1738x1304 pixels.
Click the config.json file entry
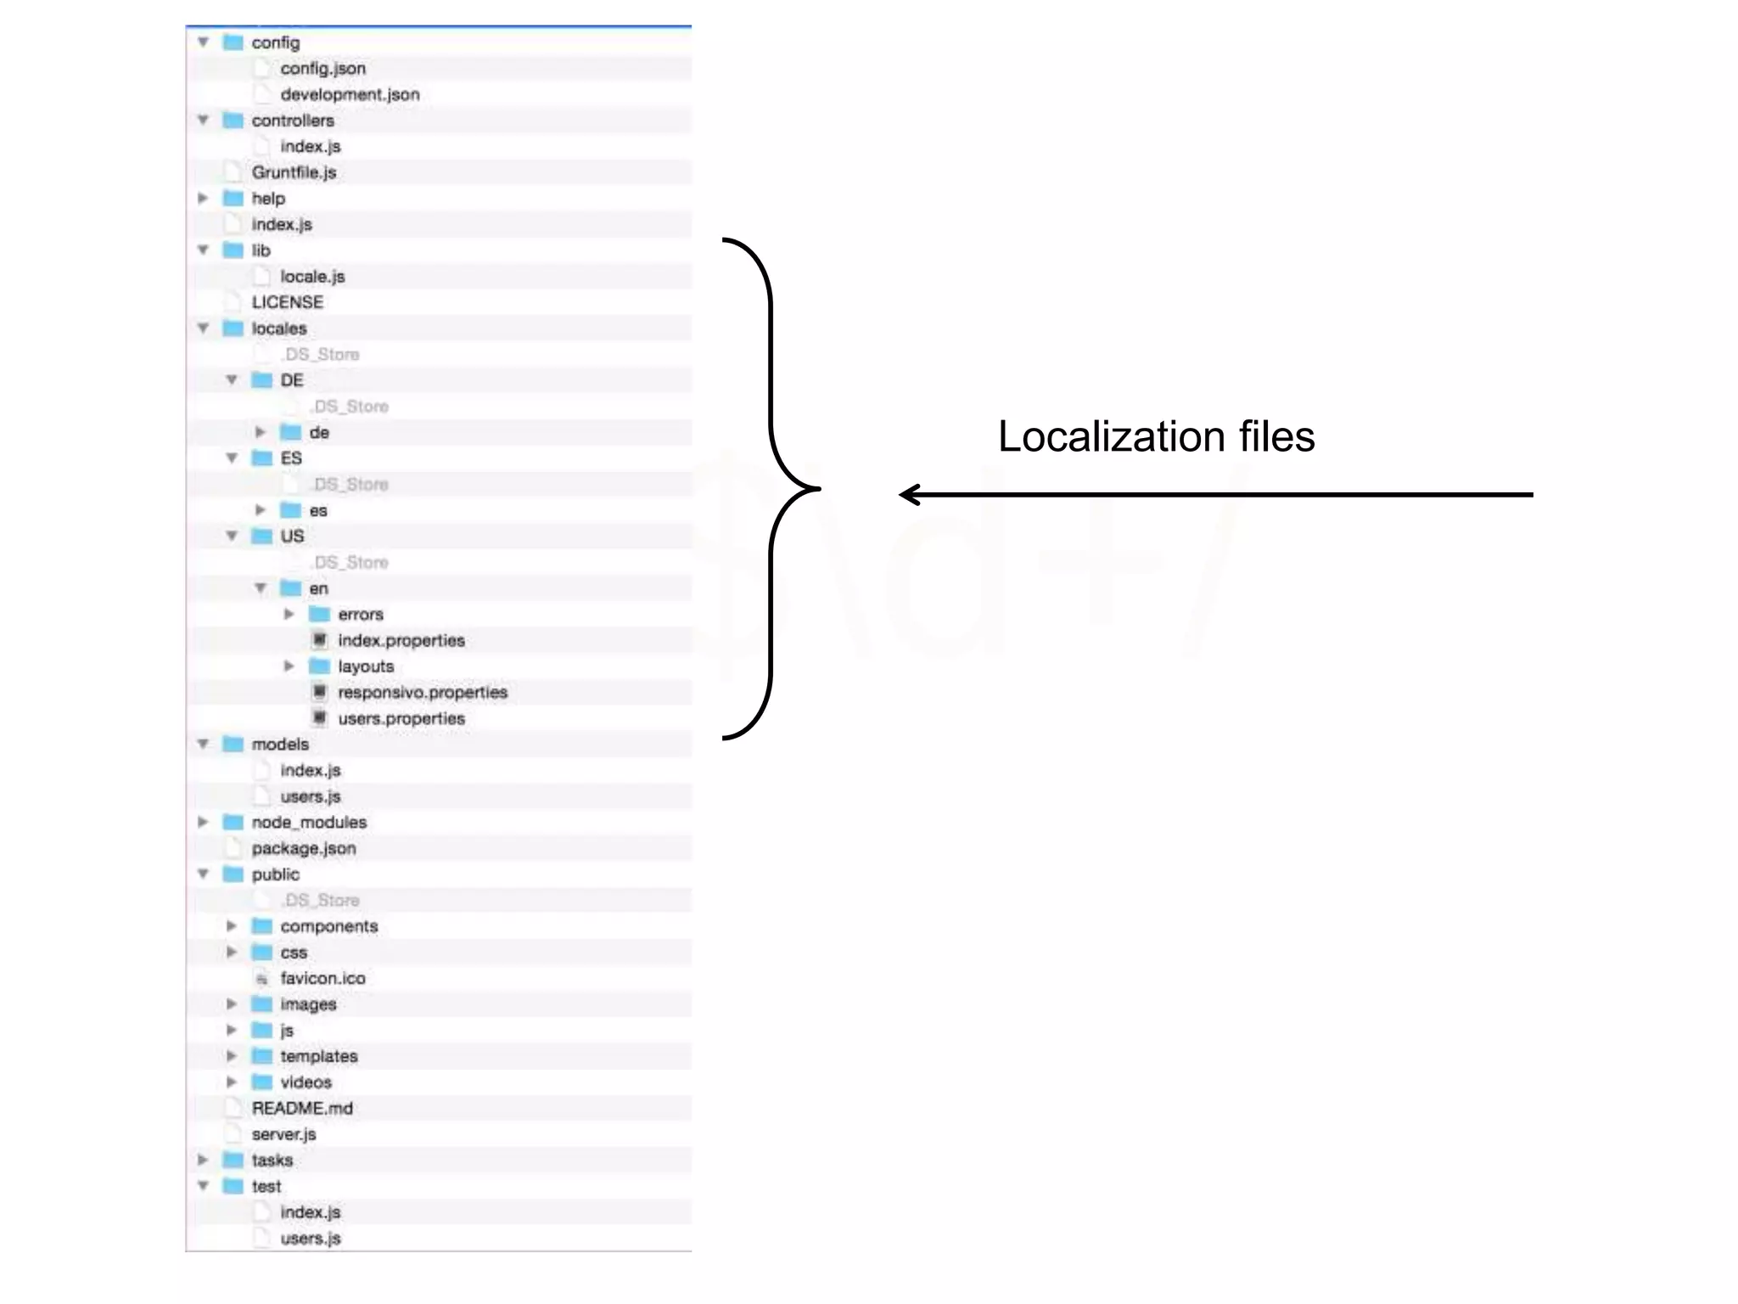(x=322, y=69)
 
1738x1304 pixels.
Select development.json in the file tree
(x=350, y=95)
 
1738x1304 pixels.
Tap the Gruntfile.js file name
(x=294, y=172)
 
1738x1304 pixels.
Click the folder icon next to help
(x=233, y=199)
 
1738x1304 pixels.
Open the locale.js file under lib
(x=312, y=277)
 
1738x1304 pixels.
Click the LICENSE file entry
(x=287, y=302)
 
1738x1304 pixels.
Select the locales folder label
(x=279, y=329)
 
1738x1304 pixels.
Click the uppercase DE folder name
(x=292, y=380)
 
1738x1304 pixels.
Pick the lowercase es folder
(x=318, y=511)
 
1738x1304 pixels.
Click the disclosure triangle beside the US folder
(x=232, y=536)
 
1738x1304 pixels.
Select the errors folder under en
(x=361, y=615)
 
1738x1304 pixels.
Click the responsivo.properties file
(x=423, y=693)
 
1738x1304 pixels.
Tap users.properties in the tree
(x=401, y=719)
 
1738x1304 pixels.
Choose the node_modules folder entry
(x=309, y=823)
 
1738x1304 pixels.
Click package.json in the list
(x=304, y=849)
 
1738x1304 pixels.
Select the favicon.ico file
(x=322, y=979)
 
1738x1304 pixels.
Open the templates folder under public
(x=319, y=1057)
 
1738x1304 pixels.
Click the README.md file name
(x=302, y=1109)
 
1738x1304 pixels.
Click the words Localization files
(x=1156, y=437)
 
